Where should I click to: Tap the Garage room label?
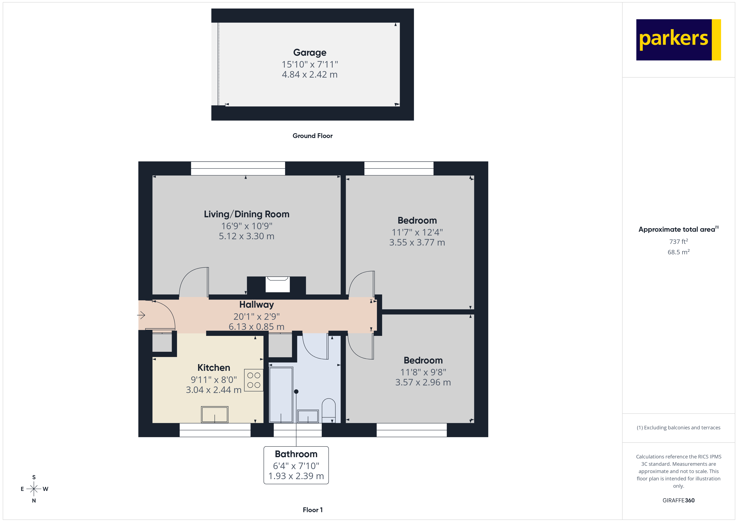click(310, 52)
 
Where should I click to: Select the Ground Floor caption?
click(313, 136)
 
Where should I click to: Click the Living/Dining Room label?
click(247, 214)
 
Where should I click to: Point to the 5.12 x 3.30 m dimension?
click(247, 236)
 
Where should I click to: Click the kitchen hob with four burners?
click(254, 380)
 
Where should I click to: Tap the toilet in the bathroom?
click(328, 410)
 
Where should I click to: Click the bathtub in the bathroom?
click(281, 395)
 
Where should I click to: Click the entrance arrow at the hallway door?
click(141, 315)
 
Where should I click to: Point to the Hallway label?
click(256, 304)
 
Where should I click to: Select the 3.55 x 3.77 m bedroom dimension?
click(417, 242)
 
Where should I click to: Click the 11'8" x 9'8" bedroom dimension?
click(423, 372)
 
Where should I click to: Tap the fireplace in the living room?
click(277, 284)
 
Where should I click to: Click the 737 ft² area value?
click(678, 241)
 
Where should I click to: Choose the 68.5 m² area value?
click(678, 252)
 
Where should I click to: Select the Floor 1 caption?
click(313, 510)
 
